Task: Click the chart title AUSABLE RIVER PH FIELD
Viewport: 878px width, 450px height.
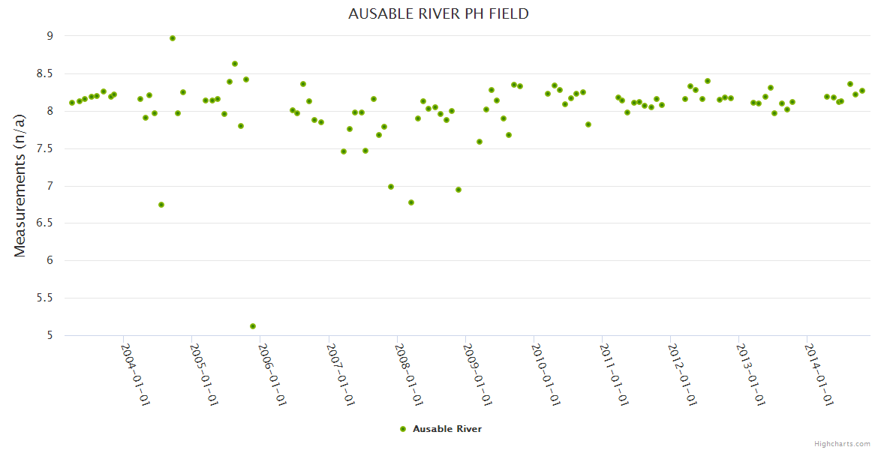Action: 438,13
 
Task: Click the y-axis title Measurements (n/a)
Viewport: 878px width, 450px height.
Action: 20,185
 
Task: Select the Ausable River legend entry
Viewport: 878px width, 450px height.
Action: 447,429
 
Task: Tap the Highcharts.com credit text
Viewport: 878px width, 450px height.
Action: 842,443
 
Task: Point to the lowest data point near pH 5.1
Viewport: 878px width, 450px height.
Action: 253,326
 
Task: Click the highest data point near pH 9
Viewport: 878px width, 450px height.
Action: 173,38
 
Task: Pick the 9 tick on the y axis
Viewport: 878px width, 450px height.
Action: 50,36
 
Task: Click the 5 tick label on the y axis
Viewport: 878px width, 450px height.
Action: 50,335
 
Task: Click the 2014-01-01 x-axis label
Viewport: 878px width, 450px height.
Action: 819,374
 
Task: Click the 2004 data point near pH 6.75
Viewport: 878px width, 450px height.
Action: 161,205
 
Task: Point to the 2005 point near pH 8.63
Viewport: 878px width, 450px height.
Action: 235,64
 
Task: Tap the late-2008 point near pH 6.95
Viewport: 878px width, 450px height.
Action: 459,190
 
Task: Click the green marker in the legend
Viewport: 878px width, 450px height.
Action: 403,429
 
